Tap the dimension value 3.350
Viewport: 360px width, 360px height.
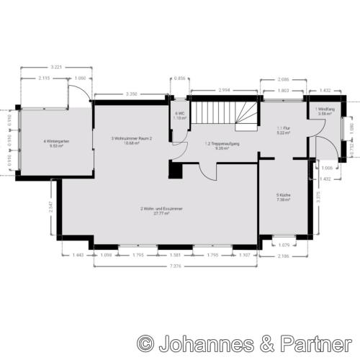point(131,94)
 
